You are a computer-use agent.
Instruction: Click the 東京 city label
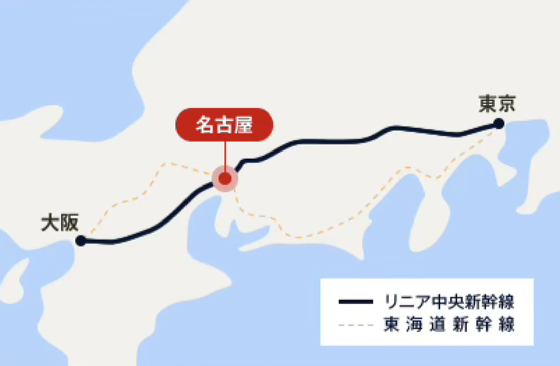[x=497, y=104]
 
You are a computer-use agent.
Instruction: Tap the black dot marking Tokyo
[x=499, y=123]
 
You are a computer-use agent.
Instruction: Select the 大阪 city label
[x=60, y=223]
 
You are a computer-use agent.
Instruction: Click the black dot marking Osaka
[x=81, y=240]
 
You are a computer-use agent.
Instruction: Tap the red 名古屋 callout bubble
[x=224, y=125]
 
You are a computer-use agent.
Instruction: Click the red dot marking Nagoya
[x=225, y=179]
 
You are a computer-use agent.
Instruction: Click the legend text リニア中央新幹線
[x=449, y=302]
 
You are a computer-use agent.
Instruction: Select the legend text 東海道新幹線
[x=449, y=325]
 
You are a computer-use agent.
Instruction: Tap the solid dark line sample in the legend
[x=356, y=302]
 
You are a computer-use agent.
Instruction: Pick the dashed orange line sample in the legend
[x=356, y=325]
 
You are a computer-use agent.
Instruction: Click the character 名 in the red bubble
[x=205, y=125]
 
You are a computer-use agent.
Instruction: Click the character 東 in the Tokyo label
[x=488, y=104]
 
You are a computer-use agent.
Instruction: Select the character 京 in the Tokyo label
[x=506, y=104]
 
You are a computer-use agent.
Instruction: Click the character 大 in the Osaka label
[x=50, y=223]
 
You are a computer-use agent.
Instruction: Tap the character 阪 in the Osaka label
[x=69, y=223]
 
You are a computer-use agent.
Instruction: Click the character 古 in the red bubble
[x=224, y=125]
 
